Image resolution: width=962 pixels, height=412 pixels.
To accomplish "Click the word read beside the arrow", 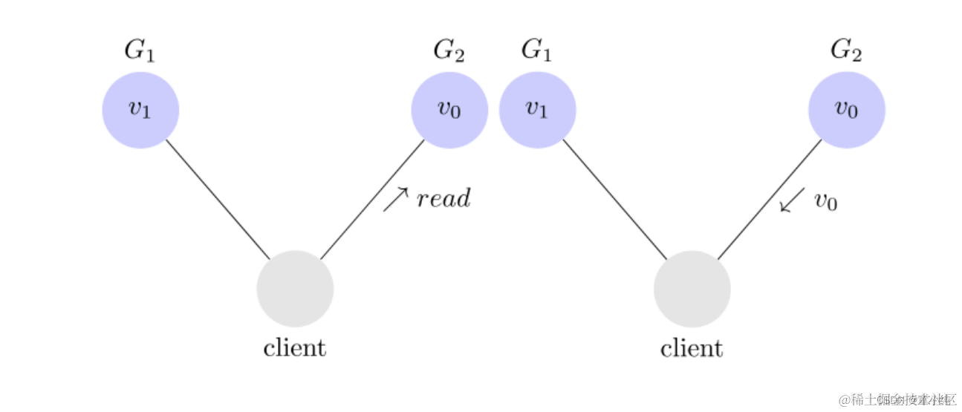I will click(443, 199).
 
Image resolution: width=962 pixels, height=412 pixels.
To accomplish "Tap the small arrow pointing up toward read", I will click(396, 199).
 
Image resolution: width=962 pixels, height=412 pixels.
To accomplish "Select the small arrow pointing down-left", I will click(793, 200).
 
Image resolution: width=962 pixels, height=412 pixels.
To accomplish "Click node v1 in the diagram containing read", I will click(140, 110).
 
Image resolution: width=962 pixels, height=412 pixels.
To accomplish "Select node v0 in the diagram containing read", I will click(449, 110).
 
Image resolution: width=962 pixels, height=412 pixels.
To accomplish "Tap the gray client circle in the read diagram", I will click(295, 289).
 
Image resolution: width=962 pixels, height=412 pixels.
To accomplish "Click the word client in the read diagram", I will click(295, 347).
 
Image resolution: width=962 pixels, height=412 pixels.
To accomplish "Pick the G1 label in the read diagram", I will click(140, 50).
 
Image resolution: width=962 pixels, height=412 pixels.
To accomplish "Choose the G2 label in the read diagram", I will click(449, 50).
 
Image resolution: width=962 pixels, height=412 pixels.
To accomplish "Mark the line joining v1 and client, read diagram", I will click(217, 198).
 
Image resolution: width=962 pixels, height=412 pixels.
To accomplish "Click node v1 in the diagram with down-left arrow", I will click(538, 110).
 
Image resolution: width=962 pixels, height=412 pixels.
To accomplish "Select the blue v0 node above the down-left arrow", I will click(847, 110).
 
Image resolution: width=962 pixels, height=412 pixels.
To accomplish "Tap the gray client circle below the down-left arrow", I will click(692, 289).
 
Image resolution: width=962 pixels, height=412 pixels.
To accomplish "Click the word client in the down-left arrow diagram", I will click(692, 347).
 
